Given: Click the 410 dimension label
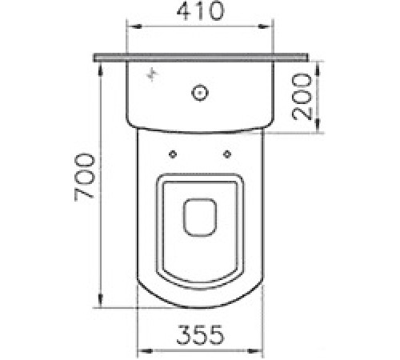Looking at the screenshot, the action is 200,11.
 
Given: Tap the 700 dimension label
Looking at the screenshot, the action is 84,177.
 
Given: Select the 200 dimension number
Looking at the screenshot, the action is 302,97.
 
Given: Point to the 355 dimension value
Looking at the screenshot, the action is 200,334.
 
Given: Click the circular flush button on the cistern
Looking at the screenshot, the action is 200,93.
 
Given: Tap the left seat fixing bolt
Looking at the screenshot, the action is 173,154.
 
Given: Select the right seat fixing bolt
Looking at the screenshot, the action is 227,154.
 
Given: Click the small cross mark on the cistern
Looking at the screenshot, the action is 152,74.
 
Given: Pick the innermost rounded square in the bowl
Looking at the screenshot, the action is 200,217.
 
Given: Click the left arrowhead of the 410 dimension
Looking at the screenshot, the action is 134,26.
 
